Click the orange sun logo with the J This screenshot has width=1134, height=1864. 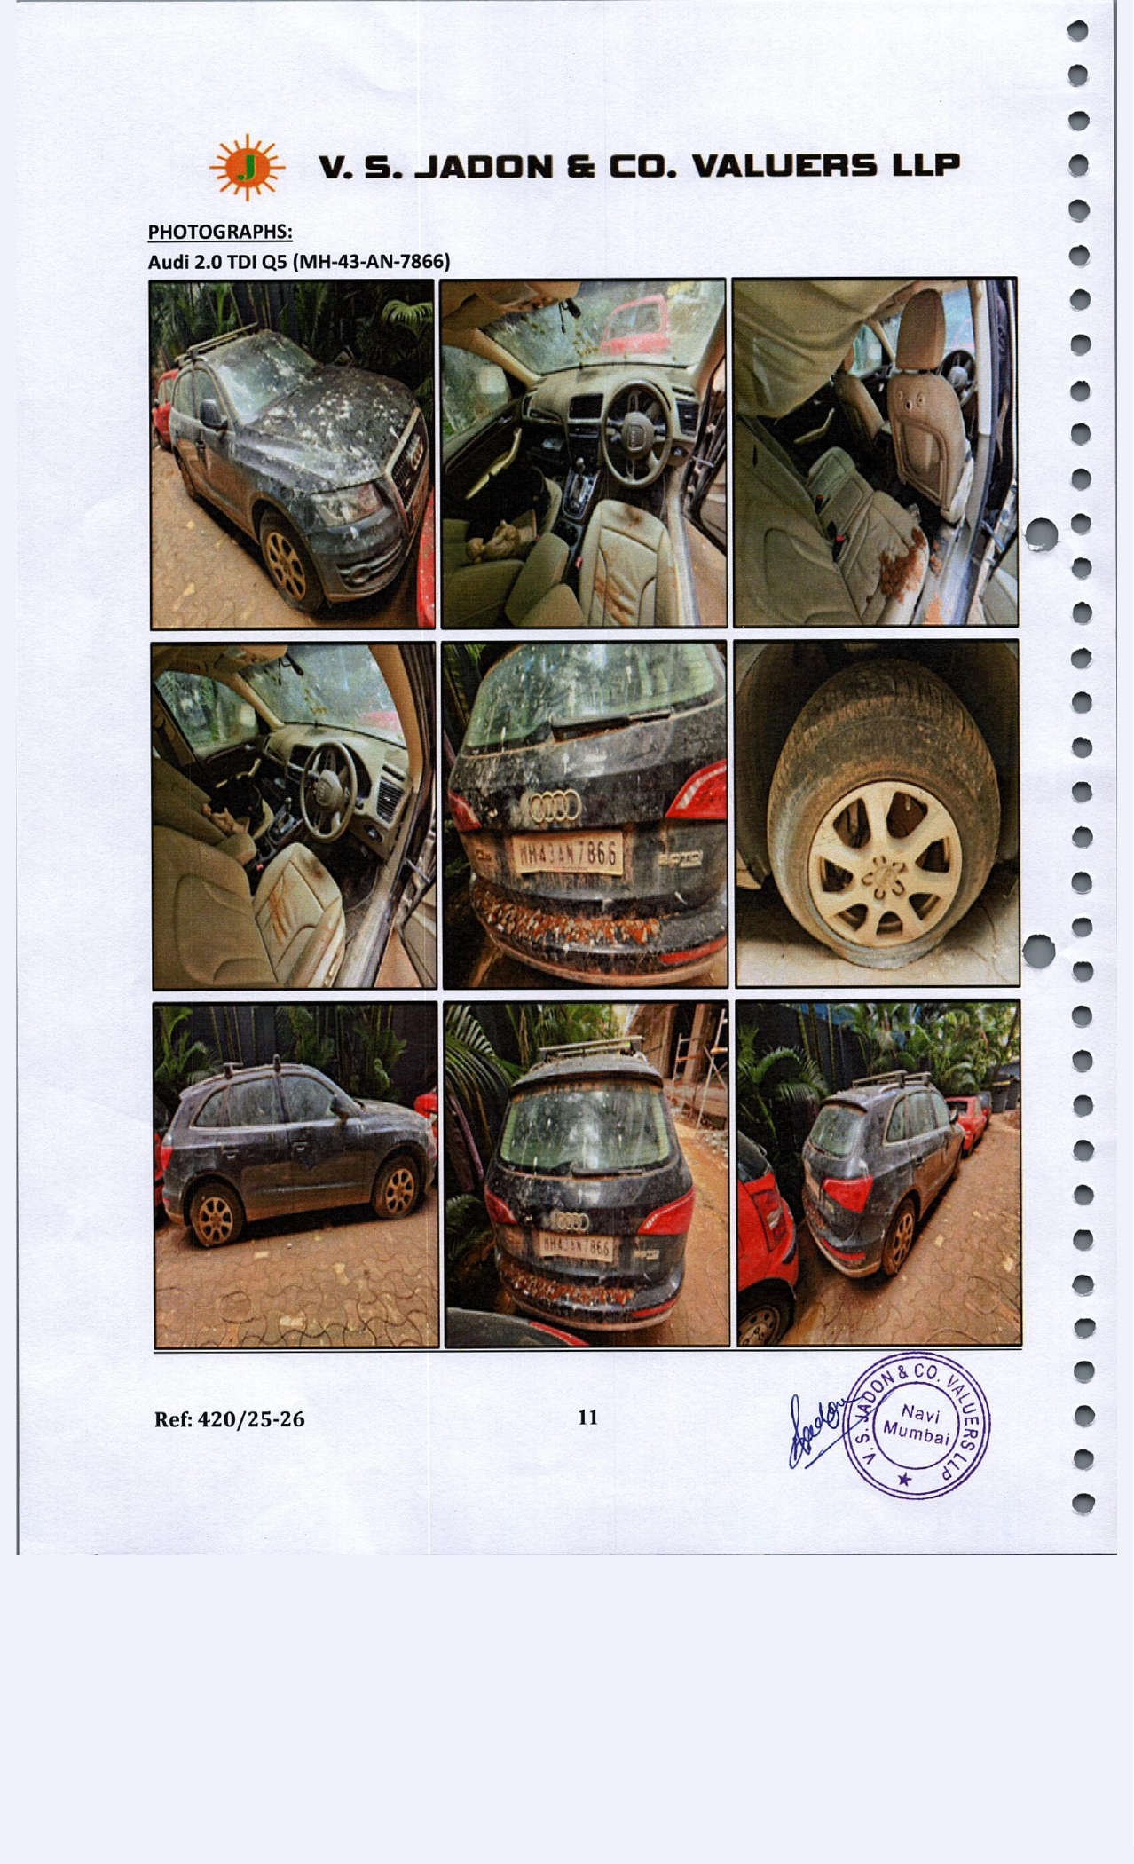247,166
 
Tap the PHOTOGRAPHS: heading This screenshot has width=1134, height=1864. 220,232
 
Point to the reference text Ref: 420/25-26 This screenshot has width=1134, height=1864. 229,1419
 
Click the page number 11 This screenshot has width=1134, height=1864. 587,1417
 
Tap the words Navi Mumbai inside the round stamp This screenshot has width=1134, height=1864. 917,1424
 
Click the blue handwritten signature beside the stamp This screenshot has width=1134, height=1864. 818,1431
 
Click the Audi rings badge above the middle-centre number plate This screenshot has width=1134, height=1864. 554,806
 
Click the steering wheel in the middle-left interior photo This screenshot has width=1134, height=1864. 326,790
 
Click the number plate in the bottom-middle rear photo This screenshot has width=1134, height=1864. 576,1247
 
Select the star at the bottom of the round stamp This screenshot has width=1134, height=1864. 904,1479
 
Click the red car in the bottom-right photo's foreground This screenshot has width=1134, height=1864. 765,1243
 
